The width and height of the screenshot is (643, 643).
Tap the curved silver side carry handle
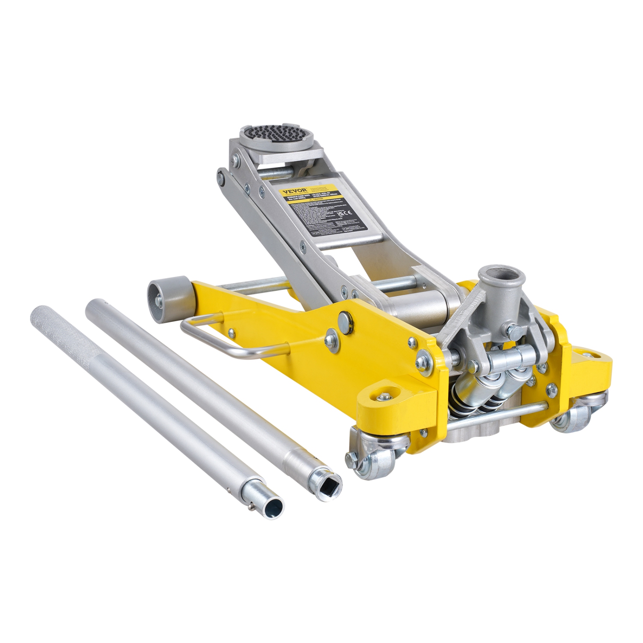point(223,339)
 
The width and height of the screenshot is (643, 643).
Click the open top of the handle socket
point(499,275)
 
